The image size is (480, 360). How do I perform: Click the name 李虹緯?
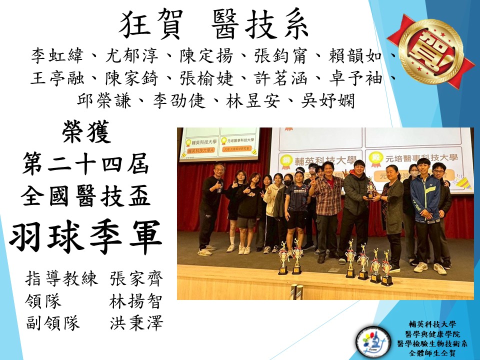coord(57,55)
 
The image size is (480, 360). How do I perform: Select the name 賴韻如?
coord(355,55)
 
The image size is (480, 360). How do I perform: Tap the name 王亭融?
coord(57,78)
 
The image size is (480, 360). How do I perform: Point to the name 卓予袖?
coord(355,78)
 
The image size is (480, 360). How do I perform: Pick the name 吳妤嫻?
coord(328,100)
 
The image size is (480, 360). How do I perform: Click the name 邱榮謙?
coord(104,100)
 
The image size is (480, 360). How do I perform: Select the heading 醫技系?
coord(260,24)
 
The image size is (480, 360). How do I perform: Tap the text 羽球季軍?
coord(86,237)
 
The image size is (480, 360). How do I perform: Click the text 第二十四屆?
coord(86,164)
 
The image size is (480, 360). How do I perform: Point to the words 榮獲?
coord(86,131)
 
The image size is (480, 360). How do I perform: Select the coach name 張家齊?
coord(136,278)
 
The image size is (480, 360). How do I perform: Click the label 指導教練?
coord(61,278)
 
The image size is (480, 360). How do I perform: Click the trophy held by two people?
coord(370,188)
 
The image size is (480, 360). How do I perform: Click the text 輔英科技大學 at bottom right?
coord(432,324)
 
